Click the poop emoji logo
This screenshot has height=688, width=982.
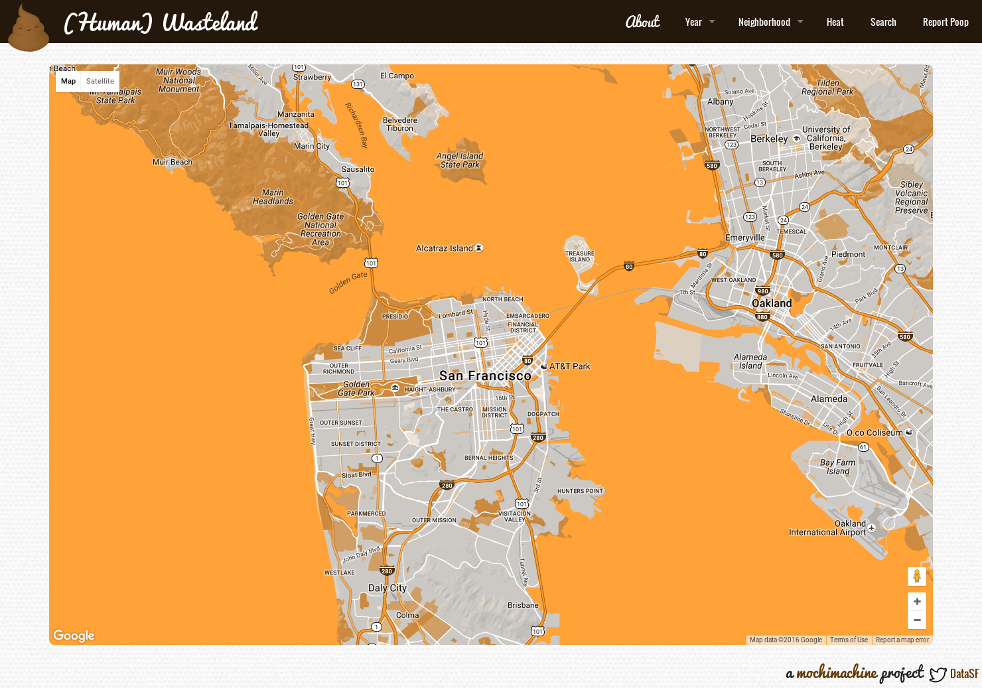tap(29, 29)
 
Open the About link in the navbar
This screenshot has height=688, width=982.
tap(642, 22)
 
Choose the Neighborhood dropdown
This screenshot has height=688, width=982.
tap(770, 22)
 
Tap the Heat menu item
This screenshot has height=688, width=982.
tap(835, 22)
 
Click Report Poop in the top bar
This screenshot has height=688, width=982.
tap(945, 22)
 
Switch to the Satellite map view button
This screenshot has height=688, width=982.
tap(100, 81)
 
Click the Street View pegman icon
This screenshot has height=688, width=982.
tap(916, 576)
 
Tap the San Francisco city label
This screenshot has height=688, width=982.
tap(485, 376)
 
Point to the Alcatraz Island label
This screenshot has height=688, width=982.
tap(445, 248)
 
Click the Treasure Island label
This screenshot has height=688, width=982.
tap(579, 256)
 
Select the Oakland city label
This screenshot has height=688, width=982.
tap(772, 303)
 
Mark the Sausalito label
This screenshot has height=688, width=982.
tap(358, 169)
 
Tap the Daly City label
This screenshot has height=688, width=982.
tap(387, 588)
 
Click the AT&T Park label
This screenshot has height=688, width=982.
tap(569, 366)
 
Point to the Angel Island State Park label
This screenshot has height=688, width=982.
tap(460, 160)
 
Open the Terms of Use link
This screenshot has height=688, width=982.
tap(849, 640)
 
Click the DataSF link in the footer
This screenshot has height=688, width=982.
tap(963, 673)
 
